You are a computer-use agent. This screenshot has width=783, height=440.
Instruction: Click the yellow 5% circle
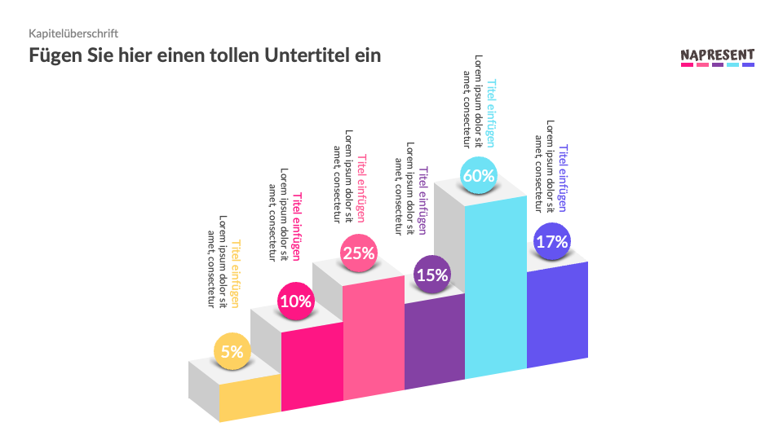232,352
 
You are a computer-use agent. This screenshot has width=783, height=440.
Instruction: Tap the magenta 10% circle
295,301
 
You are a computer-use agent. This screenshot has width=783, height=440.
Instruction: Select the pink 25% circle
359,253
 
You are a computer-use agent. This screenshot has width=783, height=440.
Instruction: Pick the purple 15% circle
432,275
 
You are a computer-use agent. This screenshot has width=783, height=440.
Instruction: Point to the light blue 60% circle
479,175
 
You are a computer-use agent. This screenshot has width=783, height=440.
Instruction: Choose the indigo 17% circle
551,241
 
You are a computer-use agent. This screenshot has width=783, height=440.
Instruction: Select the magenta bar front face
312,363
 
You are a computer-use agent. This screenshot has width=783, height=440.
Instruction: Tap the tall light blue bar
495,285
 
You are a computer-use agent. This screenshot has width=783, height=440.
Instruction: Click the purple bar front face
434,342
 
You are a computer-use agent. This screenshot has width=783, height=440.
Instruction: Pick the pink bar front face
374,338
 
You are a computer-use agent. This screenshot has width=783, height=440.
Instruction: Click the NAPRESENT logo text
718,55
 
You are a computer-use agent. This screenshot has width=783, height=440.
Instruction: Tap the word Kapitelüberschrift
74,33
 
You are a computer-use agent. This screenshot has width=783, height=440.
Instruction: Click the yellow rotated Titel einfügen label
236,273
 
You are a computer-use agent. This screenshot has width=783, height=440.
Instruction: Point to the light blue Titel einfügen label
491,112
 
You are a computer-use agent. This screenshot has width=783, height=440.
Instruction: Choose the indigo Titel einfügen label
562,178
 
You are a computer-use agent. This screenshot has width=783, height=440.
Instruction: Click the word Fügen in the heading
53,55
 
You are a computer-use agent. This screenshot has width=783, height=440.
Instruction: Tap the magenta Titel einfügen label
297,226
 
